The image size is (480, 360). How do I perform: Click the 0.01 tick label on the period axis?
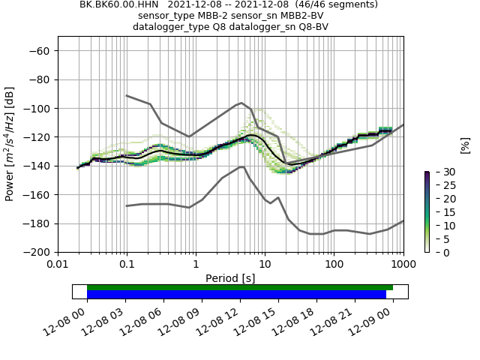click(x=58, y=265)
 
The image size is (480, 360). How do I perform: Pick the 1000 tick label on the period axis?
click(x=403, y=265)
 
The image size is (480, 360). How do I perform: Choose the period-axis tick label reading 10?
click(x=265, y=265)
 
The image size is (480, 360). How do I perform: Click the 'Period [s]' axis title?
click(x=230, y=277)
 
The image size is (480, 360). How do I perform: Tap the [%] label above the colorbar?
click(x=465, y=145)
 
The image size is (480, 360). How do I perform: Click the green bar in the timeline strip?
click(x=240, y=287)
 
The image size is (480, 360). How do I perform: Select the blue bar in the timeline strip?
click(x=237, y=295)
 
